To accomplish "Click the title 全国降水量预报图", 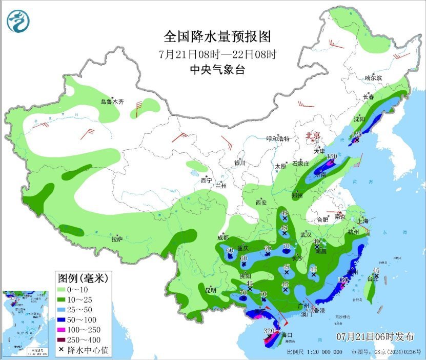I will (217, 36).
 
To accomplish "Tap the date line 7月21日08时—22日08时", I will (217, 54).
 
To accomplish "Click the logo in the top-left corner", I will (18, 21).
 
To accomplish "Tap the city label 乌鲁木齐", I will (112, 102).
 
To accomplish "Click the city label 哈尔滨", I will (373, 78).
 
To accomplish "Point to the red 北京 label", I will (313, 135).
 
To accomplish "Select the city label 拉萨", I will (117, 239).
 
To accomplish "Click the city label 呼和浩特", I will (278, 139).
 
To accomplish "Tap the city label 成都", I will (222, 237).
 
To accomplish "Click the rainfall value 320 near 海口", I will (269, 331).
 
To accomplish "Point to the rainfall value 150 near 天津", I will (332, 156).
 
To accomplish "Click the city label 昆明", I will (211, 290).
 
